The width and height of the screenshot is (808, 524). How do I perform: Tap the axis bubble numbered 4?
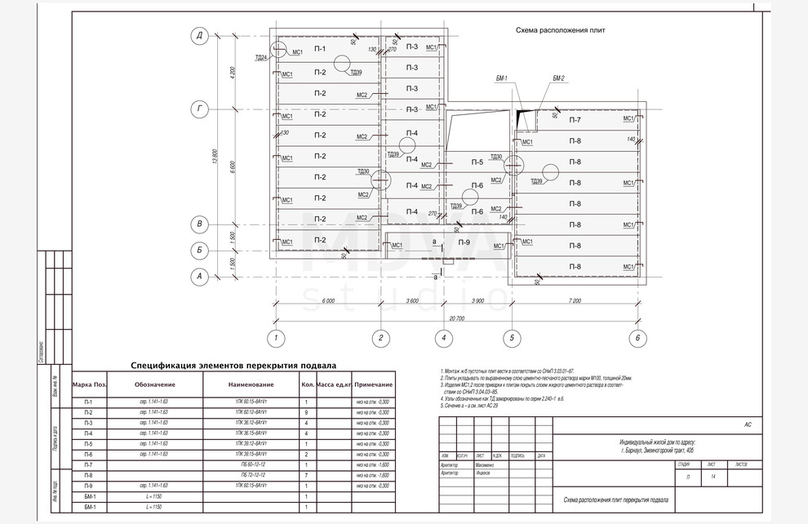point(443,337)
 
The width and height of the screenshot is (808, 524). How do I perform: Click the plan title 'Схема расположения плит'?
point(566,29)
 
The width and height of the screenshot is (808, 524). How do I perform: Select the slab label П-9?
point(464,242)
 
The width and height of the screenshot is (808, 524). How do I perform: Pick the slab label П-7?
point(575,120)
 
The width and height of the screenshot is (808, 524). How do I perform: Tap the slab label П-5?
point(477,162)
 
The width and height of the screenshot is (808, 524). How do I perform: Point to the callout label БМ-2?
point(558,78)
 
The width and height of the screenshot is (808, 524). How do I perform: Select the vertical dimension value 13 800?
point(215,157)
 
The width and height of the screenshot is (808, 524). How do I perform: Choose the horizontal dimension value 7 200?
point(576,300)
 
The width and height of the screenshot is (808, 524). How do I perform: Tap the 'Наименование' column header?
point(251,384)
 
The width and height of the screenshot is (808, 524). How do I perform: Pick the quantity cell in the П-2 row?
point(306,412)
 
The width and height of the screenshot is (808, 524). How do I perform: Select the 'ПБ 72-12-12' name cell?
point(251,475)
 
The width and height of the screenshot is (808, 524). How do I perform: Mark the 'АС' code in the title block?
point(748,425)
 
